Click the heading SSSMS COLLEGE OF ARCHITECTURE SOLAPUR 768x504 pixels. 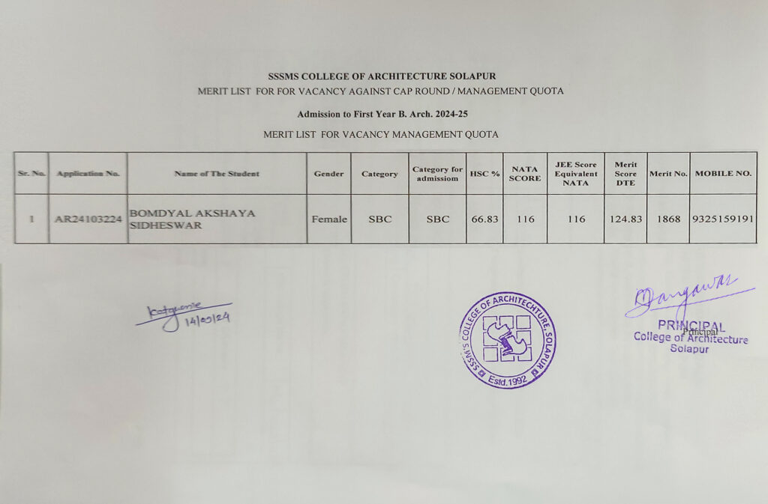[x=382, y=76]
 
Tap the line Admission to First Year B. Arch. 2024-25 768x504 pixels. [x=382, y=115]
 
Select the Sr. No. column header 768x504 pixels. [x=31, y=174]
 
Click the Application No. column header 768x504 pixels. [x=88, y=174]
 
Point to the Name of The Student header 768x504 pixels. [x=217, y=174]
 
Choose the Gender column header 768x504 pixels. [x=328, y=174]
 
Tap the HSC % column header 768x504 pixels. [x=484, y=174]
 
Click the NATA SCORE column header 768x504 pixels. [x=524, y=174]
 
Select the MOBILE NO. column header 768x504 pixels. [x=723, y=174]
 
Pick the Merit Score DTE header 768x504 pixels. [x=625, y=174]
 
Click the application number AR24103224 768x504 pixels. [x=88, y=219]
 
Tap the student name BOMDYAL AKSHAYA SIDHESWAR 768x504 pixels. [x=193, y=219]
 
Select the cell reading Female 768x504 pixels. [x=328, y=219]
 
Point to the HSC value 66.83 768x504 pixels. [x=484, y=219]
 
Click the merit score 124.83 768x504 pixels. [x=625, y=219]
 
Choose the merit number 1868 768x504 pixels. [x=667, y=219]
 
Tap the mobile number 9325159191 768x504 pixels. [x=723, y=219]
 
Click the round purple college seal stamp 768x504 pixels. [x=508, y=339]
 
